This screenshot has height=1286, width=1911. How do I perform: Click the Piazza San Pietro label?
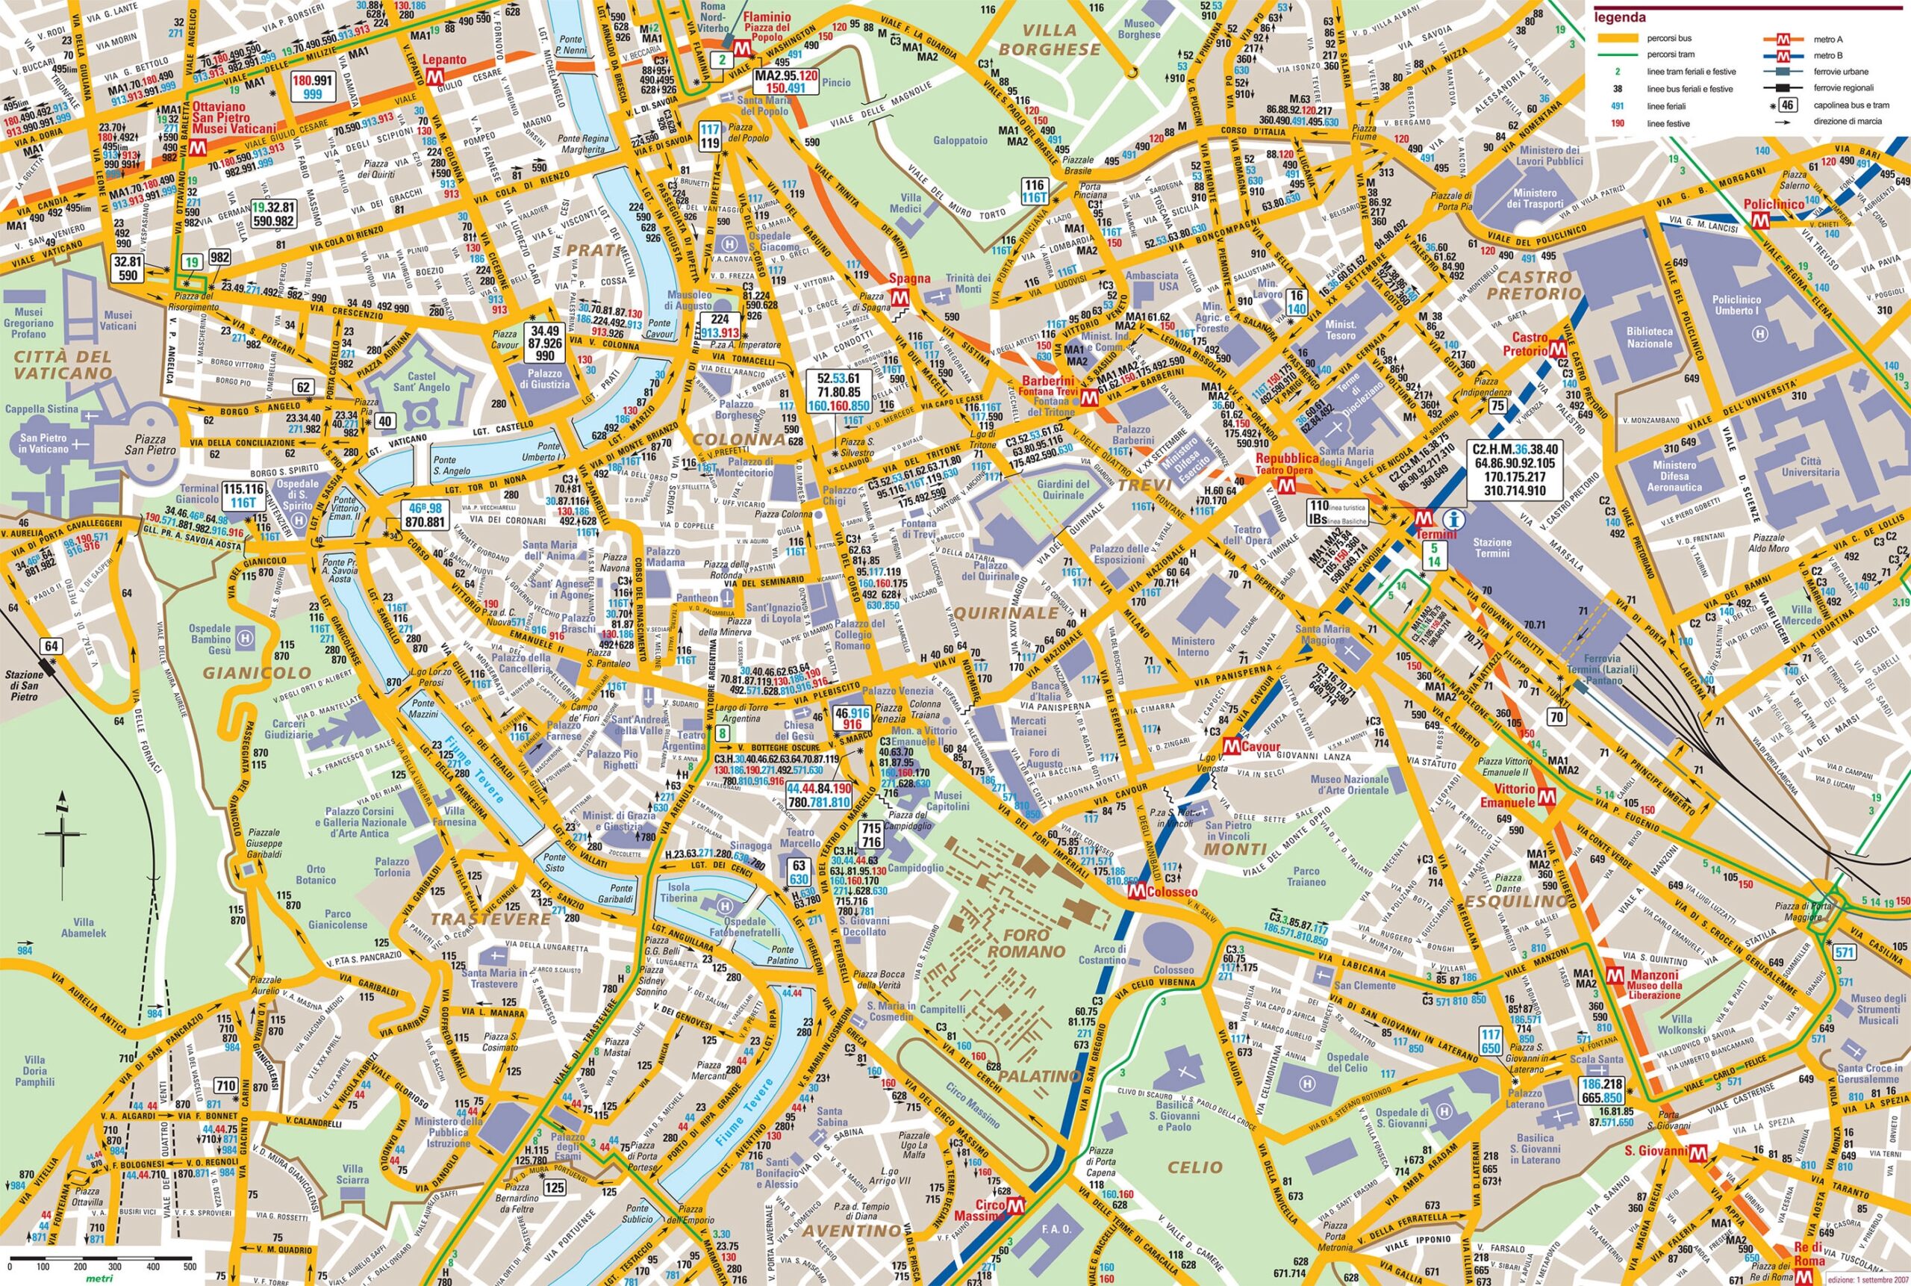[150, 444]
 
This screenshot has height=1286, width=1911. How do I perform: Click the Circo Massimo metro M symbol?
[1017, 1228]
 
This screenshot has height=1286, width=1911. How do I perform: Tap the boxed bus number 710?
[225, 1086]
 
